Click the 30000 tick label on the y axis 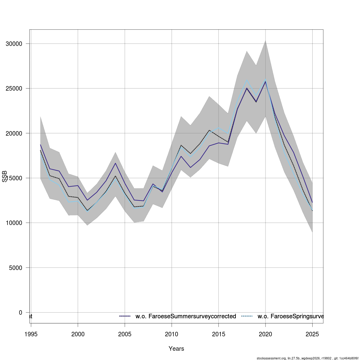click(14, 44)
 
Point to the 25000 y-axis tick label click(14, 88)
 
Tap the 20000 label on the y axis click(14, 133)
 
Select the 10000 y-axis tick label click(14, 223)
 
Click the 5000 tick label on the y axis click(16, 268)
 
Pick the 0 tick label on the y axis click(20, 312)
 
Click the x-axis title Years click(176, 349)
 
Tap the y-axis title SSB click(4, 176)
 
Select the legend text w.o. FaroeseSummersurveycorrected click(186, 316)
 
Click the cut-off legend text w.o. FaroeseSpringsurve click(290, 316)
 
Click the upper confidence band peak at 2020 click(265, 40)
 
